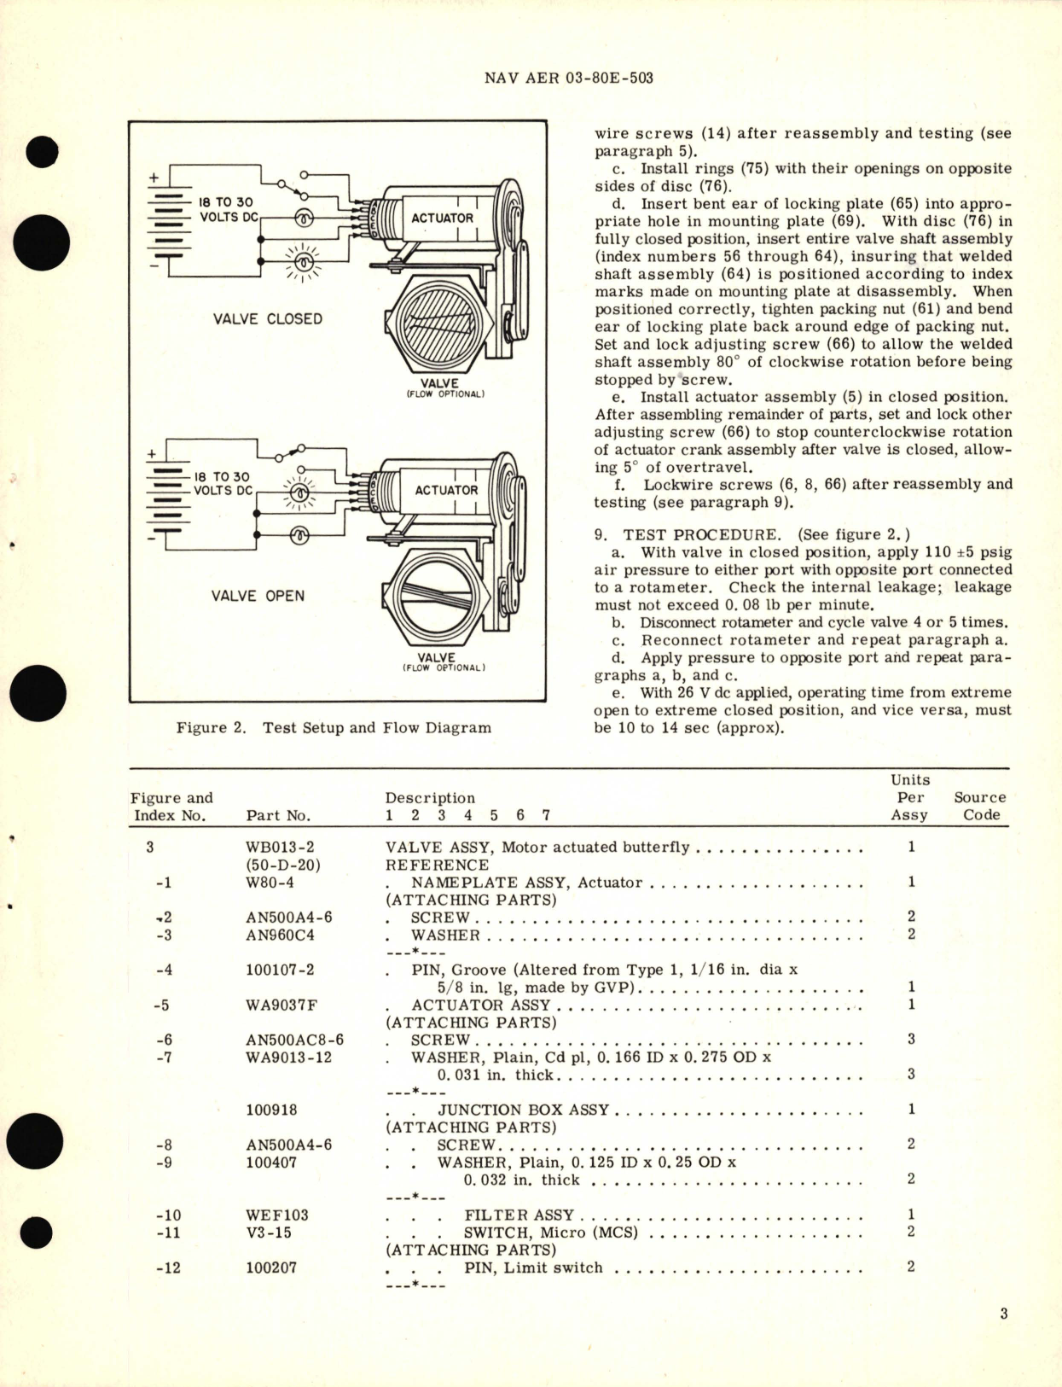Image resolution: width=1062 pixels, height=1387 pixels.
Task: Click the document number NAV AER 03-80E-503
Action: (568, 78)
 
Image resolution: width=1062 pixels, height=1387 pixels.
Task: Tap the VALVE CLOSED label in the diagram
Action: (268, 319)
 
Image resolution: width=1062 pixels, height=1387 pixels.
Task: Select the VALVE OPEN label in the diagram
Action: (258, 596)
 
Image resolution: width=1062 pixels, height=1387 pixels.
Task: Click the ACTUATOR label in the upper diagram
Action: (442, 219)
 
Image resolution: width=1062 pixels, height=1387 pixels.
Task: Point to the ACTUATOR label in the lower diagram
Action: (446, 491)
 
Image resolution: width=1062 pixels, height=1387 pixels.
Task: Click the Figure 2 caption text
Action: (334, 728)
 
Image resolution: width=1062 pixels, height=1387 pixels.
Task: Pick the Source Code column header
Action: (979, 806)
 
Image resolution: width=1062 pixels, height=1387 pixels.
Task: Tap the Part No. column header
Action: (278, 815)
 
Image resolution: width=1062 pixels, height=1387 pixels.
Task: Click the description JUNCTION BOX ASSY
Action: (523, 1110)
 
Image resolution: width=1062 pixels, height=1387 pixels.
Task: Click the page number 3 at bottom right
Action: (1004, 1314)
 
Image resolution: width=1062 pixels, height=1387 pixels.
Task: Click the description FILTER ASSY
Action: (519, 1215)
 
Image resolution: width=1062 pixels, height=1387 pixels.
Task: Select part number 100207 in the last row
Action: (271, 1268)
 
